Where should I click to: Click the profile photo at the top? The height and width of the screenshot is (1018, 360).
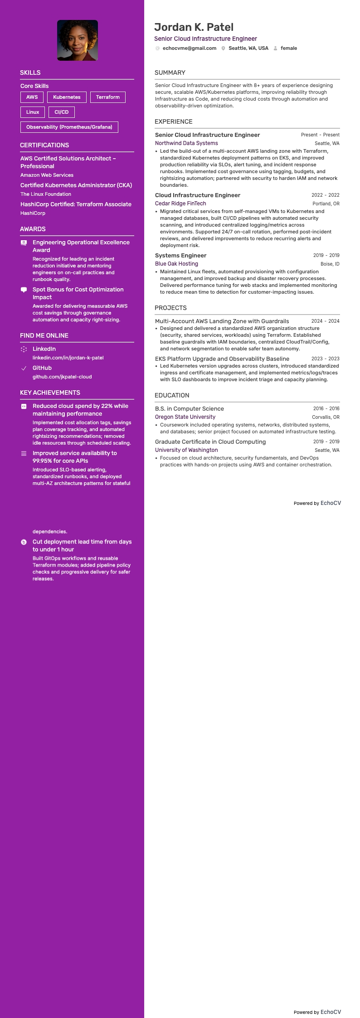pyautogui.click(x=78, y=40)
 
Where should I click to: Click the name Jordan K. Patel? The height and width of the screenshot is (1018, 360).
pyautogui.click(x=194, y=27)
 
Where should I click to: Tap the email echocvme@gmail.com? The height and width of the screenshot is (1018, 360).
pyautogui.click(x=189, y=48)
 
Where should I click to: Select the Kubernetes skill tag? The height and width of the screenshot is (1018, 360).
pyautogui.click(x=67, y=97)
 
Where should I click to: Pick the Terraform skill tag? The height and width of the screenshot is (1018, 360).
pyautogui.click(x=108, y=97)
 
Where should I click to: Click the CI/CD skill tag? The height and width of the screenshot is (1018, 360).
pyautogui.click(x=62, y=112)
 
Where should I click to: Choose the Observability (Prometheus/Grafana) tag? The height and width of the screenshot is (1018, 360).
pyautogui.click(x=69, y=127)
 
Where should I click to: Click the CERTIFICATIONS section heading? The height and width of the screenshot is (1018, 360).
pyautogui.click(x=44, y=145)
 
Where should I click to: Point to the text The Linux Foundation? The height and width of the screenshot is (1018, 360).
pyautogui.click(x=46, y=194)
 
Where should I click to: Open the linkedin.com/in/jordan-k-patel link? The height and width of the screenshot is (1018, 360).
pyautogui.click(x=68, y=358)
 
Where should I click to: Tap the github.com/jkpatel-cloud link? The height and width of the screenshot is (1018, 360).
pyautogui.click(x=62, y=377)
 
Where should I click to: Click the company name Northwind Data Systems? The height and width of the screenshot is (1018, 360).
pyautogui.click(x=186, y=143)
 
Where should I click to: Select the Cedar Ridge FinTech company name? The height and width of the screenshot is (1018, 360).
pyautogui.click(x=180, y=204)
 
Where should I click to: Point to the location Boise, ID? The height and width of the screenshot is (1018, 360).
pyautogui.click(x=330, y=264)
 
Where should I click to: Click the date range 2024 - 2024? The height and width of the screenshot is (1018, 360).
pyautogui.click(x=325, y=321)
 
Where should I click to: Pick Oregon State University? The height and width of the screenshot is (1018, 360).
pyautogui.click(x=185, y=417)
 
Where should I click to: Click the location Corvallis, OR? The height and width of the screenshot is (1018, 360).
pyautogui.click(x=326, y=417)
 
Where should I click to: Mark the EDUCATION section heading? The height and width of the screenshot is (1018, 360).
pyautogui.click(x=172, y=395)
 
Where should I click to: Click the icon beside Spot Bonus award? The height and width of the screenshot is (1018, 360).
pyautogui.click(x=24, y=290)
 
